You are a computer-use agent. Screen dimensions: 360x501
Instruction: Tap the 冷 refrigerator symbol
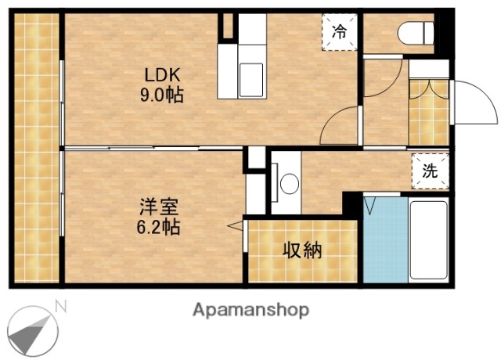339,32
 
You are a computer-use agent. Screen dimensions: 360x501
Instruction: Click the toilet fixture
416,34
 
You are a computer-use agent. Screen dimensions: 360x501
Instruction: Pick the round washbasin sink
290,185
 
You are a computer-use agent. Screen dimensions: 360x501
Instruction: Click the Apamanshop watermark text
250,309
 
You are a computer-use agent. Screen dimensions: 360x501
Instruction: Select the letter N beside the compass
61,306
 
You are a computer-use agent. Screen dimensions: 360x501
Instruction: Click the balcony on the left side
35,149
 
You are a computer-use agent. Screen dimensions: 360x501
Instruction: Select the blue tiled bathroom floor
384,242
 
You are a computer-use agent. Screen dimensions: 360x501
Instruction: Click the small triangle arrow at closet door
234,225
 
